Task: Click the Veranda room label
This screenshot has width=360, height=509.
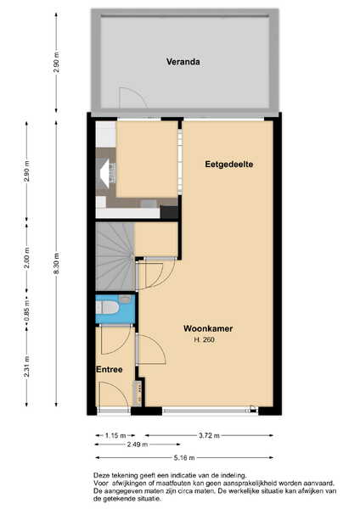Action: (183, 61)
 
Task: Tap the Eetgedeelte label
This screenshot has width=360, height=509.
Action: (228, 165)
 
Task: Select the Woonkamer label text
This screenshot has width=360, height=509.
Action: (208, 328)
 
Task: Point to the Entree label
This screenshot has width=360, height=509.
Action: (110, 370)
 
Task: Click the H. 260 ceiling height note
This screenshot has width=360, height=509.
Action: (204, 340)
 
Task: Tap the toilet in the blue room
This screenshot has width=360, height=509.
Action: (107, 308)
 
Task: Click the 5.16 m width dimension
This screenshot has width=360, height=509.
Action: (184, 458)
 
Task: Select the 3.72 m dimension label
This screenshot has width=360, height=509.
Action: (209, 435)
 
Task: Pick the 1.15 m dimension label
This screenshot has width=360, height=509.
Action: (115, 435)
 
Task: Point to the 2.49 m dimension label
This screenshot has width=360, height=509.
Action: (137, 444)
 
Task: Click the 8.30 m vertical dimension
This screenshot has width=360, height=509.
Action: (56, 263)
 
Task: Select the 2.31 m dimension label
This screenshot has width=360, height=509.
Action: (27, 366)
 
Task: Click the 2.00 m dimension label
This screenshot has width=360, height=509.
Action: (27, 258)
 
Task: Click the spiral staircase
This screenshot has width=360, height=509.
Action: (115, 256)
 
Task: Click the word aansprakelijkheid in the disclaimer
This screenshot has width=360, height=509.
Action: (232, 484)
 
